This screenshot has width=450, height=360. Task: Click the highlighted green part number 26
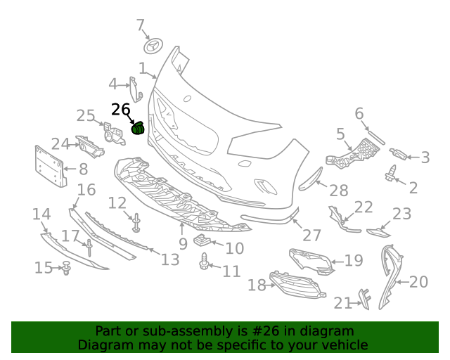coord(139,128)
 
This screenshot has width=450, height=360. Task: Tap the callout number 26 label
coord(120,110)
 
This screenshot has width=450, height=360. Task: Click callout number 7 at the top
coord(140,26)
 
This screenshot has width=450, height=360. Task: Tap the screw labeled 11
coord(204,264)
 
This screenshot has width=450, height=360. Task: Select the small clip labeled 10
coord(202,243)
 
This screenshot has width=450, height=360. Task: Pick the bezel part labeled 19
coord(311,259)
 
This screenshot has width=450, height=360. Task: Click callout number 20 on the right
coord(418,282)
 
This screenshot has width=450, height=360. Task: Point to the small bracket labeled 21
coord(365,297)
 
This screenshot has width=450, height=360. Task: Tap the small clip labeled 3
coord(399,154)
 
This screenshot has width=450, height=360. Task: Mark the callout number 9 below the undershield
coord(183,244)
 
